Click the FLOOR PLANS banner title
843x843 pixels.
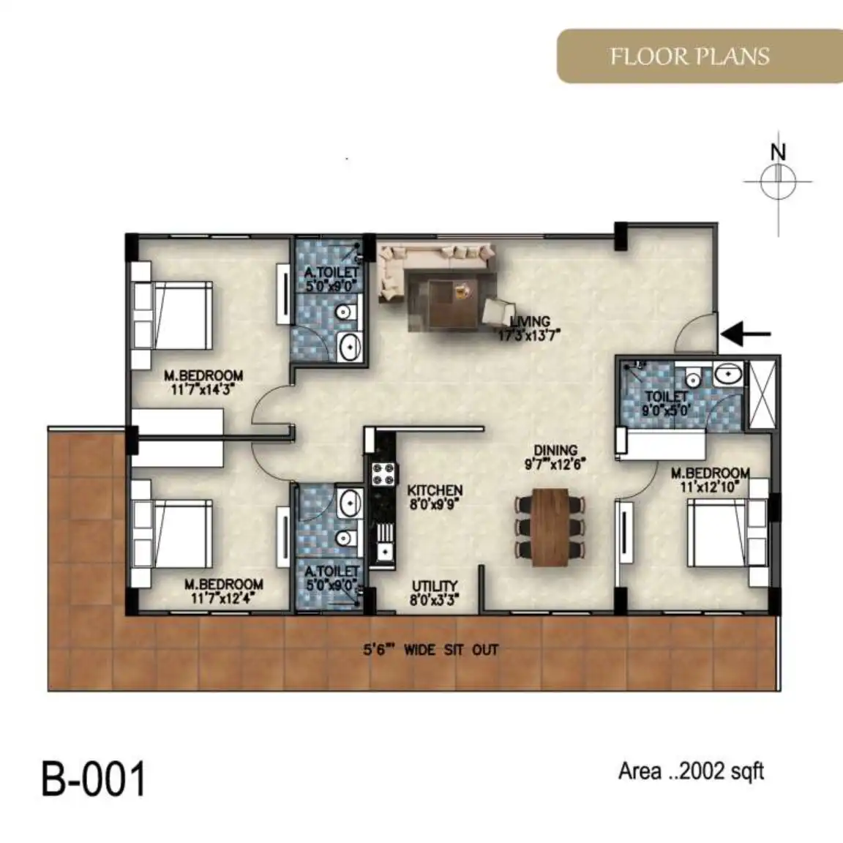[x=689, y=56]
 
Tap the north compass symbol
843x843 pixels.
[x=778, y=181]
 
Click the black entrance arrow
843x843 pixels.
[x=746, y=334]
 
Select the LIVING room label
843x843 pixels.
[x=530, y=329]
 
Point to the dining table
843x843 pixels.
[x=550, y=527]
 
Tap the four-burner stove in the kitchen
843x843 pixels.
[x=384, y=474]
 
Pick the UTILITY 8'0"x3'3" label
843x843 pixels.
[x=435, y=593]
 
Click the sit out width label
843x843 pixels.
[x=430, y=650]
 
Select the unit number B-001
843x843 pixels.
[x=94, y=779]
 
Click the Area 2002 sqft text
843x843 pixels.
[x=691, y=771]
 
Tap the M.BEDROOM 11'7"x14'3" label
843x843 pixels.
[x=203, y=382]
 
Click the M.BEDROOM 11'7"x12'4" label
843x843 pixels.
[x=224, y=591]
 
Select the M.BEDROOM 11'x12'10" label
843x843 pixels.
[x=711, y=480]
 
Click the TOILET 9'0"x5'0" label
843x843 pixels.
[x=666, y=403]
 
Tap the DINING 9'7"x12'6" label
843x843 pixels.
[x=555, y=457]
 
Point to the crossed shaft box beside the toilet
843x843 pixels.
[x=762, y=394]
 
